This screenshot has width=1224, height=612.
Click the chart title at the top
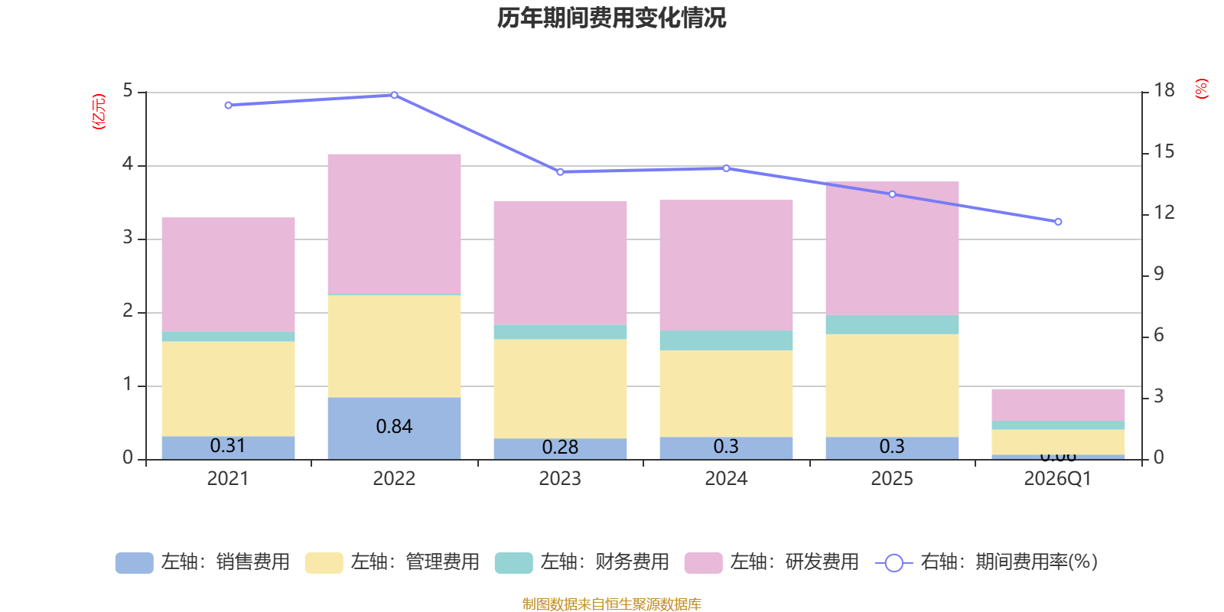tap(611, 18)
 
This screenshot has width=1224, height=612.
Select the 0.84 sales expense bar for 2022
tap(394, 428)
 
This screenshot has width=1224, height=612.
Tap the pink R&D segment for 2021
tap(228, 275)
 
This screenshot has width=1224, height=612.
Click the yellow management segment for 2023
tap(560, 389)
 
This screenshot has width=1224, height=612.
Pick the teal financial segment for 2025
tap(892, 324)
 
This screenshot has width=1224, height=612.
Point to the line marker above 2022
tap(395, 95)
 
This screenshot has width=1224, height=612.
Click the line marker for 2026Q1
tap(1058, 222)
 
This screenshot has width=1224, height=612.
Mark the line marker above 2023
tap(560, 172)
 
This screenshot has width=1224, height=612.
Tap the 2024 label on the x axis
tap(726, 479)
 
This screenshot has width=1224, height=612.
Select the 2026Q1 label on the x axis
tap(1057, 479)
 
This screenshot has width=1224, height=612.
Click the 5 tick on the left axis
tap(128, 91)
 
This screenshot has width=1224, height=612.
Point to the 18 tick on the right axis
tap(1164, 90)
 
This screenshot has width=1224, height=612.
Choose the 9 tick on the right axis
tap(1158, 274)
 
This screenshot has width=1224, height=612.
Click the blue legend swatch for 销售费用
tap(134, 563)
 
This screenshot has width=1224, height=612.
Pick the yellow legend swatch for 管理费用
tap(324, 563)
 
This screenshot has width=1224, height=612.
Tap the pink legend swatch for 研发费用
tap(703, 563)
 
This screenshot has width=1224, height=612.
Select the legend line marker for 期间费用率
tap(894, 563)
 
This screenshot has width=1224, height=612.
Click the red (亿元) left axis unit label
tap(99, 112)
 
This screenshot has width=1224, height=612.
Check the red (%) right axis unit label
tap(1201, 89)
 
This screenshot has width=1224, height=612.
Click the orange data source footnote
tap(611, 604)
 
